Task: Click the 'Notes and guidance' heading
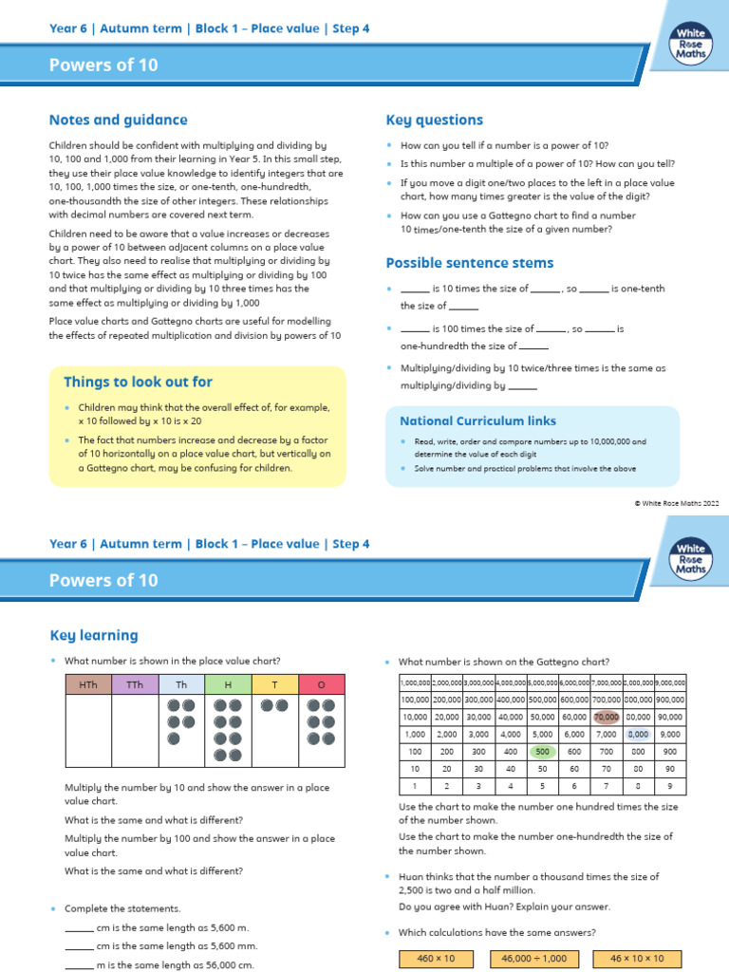(x=118, y=121)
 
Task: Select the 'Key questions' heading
(x=434, y=121)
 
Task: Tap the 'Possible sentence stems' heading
(x=469, y=263)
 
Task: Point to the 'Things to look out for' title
(x=138, y=383)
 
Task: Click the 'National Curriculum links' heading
(x=477, y=421)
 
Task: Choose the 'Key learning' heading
(x=93, y=635)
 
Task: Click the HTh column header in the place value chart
(x=88, y=684)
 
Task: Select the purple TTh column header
(x=135, y=684)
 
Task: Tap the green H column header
(x=228, y=684)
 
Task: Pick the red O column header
(x=322, y=684)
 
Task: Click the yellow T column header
(x=274, y=684)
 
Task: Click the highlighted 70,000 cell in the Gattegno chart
(x=606, y=717)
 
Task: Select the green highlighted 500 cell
(x=542, y=751)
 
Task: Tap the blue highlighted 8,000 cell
(x=638, y=734)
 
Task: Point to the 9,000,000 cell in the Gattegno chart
(x=670, y=682)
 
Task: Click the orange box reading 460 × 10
(x=437, y=959)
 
